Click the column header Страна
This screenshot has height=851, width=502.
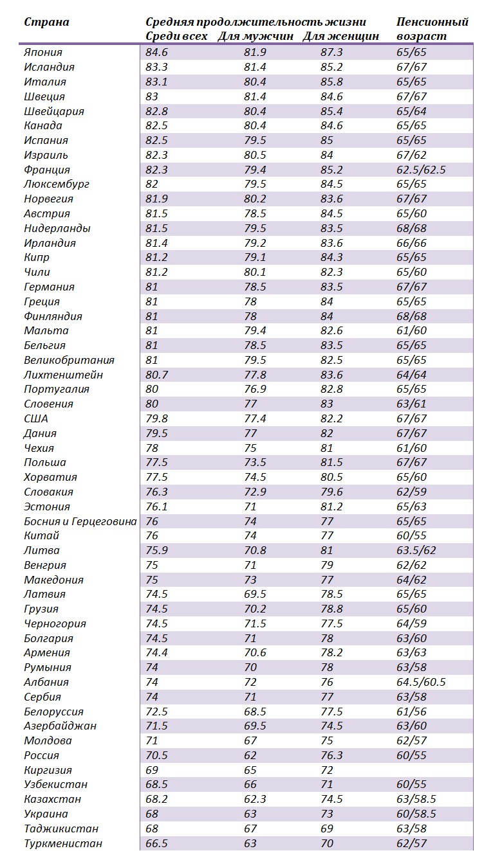tap(46, 22)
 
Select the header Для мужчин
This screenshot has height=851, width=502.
tap(256, 37)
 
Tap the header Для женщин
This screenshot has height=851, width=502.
tap(340, 37)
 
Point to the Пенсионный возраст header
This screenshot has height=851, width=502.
tap(432, 29)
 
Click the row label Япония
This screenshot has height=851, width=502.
tap(43, 53)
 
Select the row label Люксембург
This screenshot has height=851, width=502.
tap(57, 184)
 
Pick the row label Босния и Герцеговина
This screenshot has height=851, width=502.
tap(80, 521)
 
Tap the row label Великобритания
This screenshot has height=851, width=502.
tap(70, 360)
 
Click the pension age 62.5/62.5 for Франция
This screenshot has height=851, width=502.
tap(421, 170)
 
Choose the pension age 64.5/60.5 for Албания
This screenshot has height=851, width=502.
tap(421, 682)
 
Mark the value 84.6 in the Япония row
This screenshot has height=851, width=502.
tap(156, 53)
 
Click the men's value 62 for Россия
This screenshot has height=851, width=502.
tap(250, 755)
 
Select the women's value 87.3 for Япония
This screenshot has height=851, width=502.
tap(331, 53)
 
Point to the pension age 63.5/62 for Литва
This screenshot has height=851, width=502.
tap(416, 550)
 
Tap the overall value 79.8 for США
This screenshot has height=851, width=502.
tap(156, 418)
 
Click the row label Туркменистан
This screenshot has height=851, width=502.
tap(63, 843)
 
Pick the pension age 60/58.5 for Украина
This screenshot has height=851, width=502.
tap(416, 814)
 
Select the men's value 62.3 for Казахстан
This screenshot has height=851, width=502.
tap(255, 799)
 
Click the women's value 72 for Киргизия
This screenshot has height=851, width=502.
tap(327, 770)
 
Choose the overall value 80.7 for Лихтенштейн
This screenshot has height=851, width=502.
tap(156, 375)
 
